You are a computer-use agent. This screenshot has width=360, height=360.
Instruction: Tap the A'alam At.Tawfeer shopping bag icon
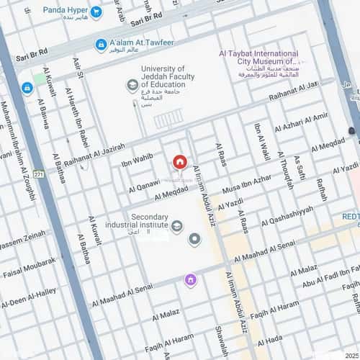click(x=102, y=45)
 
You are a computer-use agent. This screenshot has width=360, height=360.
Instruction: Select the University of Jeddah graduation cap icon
click(x=132, y=86)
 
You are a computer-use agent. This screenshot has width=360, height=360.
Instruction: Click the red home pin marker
click(x=180, y=163)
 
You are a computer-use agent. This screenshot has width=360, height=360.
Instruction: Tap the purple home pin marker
click(x=191, y=280)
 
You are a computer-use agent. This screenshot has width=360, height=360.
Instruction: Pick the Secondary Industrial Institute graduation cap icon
click(x=177, y=227)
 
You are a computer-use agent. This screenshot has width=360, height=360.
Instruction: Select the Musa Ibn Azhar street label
click(x=248, y=185)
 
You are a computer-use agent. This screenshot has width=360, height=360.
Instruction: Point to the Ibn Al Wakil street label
click(x=263, y=141)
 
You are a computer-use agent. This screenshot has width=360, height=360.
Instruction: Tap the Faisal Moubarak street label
click(x=29, y=268)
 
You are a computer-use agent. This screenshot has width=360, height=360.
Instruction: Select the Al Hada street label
click(x=269, y=340)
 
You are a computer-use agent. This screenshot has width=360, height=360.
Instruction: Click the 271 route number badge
click(x=38, y=174)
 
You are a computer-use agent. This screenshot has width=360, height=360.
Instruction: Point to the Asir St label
click(x=78, y=68)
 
